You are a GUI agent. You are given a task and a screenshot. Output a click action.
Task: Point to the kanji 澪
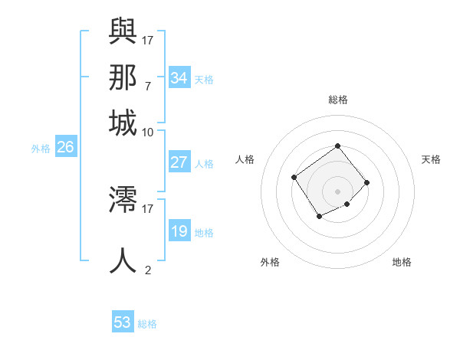123,199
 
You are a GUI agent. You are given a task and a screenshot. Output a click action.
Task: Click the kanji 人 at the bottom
123,260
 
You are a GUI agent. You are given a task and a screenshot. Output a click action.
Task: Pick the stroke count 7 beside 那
147,86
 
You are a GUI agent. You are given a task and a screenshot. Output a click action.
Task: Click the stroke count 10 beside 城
148,132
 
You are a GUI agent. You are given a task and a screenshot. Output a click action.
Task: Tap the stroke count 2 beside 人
148,270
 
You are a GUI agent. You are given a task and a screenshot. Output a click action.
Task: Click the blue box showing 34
179,78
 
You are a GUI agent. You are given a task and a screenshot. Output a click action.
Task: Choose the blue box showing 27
179,162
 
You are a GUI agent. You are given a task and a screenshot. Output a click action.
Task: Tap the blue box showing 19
179,231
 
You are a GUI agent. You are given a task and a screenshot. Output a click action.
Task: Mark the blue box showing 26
65,148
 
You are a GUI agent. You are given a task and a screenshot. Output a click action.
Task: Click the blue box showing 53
123,322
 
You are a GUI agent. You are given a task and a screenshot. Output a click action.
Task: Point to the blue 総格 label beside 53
147,324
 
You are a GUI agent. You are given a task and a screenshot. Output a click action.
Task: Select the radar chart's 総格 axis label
337,100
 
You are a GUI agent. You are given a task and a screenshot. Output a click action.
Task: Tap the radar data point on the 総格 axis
337,146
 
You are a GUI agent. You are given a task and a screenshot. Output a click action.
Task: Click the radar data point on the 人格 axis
294,177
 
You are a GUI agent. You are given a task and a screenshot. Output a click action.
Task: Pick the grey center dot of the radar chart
337,191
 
